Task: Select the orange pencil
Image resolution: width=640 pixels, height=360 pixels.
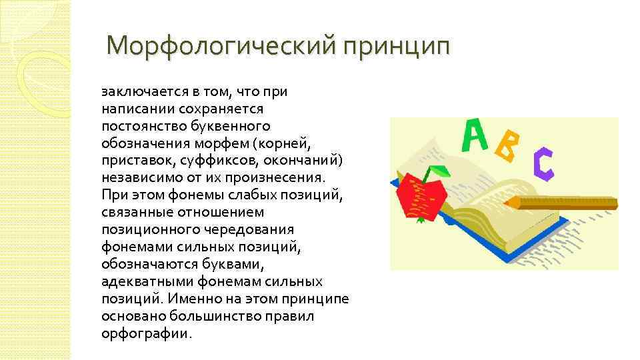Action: pos(560,201)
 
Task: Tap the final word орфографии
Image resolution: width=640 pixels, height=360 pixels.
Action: pos(145,333)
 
